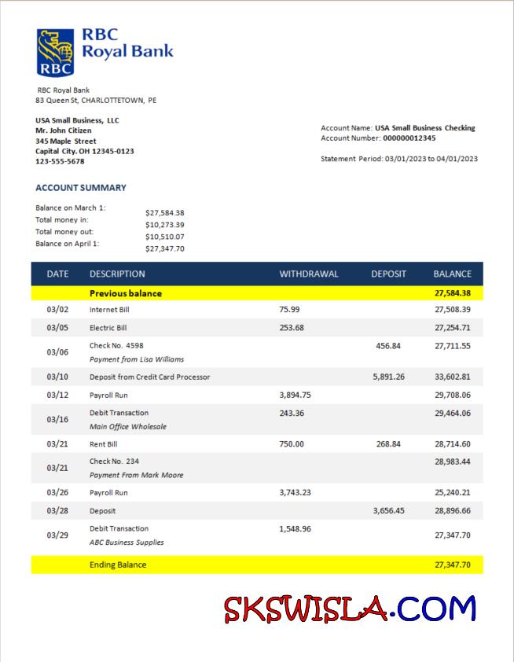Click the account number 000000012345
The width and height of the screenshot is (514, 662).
click(x=409, y=138)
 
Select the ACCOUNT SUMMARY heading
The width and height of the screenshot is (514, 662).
click(x=81, y=188)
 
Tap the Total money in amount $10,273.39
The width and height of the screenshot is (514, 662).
click(x=165, y=225)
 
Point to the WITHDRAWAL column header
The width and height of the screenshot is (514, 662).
click(x=309, y=274)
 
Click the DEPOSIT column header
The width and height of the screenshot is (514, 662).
click(x=388, y=274)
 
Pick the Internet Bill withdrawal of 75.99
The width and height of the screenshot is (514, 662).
click(x=289, y=310)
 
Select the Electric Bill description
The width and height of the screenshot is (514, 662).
click(x=108, y=327)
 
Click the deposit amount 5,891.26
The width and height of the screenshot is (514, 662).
click(x=388, y=377)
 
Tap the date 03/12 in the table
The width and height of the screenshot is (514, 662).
click(x=57, y=395)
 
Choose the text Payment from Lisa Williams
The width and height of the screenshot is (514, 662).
click(x=137, y=359)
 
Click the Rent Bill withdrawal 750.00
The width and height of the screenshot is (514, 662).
click(x=292, y=444)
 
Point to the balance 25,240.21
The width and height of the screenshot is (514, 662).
click(x=452, y=492)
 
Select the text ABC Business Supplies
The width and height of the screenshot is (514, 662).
click(x=127, y=542)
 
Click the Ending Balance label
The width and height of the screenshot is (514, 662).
click(x=118, y=565)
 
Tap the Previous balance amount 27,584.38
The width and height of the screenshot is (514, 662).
click(x=452, y=293)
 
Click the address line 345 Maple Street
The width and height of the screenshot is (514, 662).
click(x=66, y=141)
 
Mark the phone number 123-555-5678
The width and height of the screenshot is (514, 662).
click(x=60, y=161)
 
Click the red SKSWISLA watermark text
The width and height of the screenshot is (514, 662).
click(x=307, y=609)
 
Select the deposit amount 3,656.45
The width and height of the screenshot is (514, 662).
click(x=388, y=510)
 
